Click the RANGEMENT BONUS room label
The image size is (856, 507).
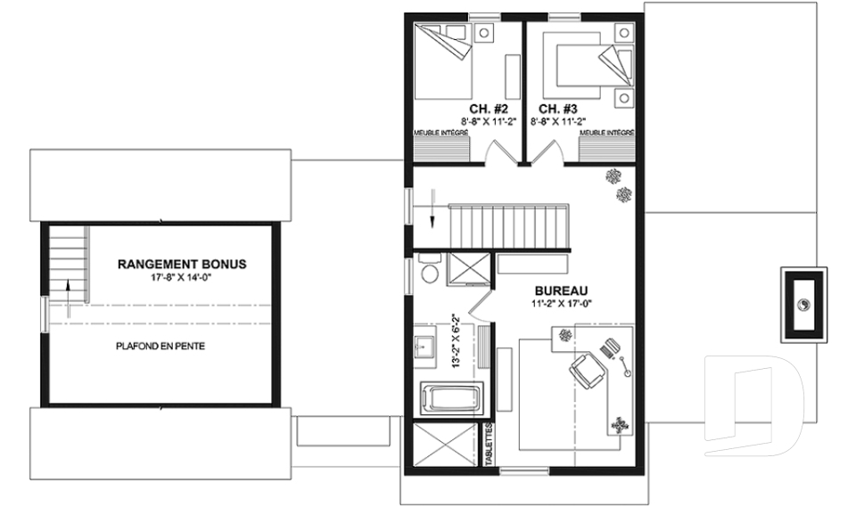(182, 264)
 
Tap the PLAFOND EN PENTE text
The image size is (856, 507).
(160, 346)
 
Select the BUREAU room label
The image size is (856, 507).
(561, 290)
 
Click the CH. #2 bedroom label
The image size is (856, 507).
(489, 109)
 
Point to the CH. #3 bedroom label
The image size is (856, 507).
(558, 109)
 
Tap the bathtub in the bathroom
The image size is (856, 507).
(451, 399)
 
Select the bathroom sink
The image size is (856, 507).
(424, 344)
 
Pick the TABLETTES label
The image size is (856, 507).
(489, 445)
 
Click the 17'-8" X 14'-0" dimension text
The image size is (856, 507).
(181, 278)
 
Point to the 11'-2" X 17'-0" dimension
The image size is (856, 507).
(562, 304)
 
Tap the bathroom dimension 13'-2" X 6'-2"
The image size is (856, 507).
(457, 340)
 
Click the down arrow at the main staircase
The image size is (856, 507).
(432, 208)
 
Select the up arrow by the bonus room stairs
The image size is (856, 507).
(69, 298)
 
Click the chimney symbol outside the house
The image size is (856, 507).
(803, 305)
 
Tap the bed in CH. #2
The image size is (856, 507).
(443, 61)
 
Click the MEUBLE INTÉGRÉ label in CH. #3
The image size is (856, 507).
(606, 133)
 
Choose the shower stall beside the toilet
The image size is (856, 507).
(469, 269)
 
